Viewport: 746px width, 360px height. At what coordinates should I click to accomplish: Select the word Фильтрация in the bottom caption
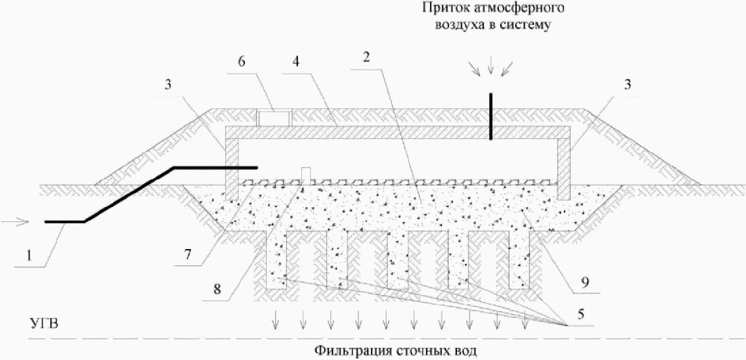point(345,351)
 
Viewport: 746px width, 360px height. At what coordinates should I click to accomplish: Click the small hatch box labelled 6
point(273,118)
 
